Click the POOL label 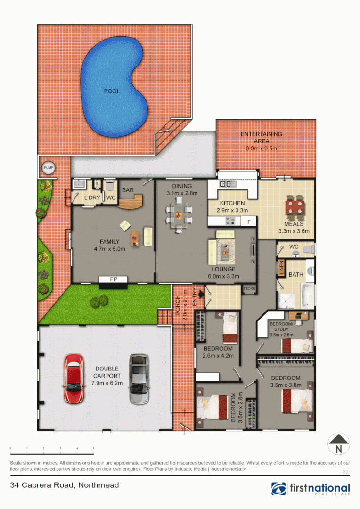coord(112,91)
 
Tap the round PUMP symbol coord(48,167)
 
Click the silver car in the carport coord(138,379)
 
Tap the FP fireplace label coord(113,279)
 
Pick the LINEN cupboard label coord(281,267)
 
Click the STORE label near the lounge coord(249,288)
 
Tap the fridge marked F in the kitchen coord(249,221)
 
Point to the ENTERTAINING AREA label coord(261,134)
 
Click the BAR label coord(128,190)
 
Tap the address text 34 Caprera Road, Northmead coord(64,485)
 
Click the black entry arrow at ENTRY coord(202,295)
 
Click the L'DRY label coord(92,197)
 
